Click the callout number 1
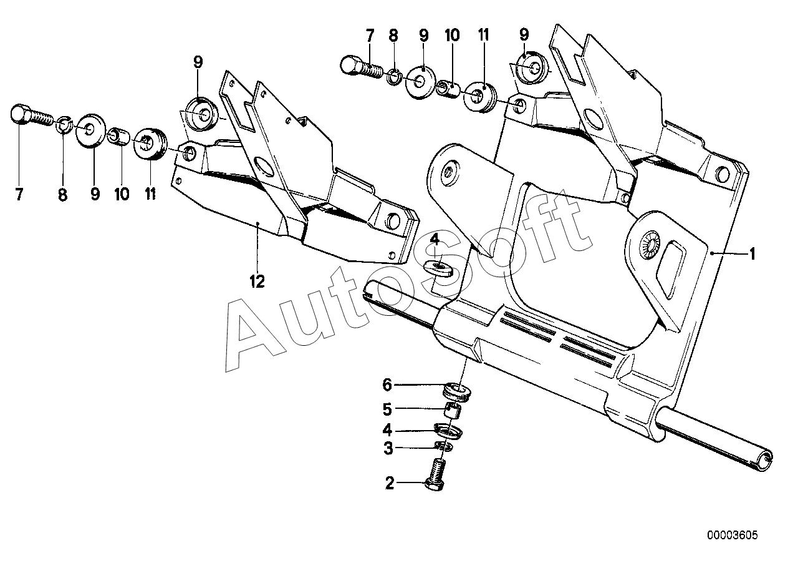(753, 254)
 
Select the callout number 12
(257, 282)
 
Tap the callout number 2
(390, 483)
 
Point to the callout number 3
(388, 448)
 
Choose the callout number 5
(387, 409)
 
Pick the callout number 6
(387, 385)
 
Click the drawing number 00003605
(733, 536)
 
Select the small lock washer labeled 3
(444, 446)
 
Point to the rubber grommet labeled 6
(457, 391)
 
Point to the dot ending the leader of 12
(257, 223)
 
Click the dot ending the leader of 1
(711, 253)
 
